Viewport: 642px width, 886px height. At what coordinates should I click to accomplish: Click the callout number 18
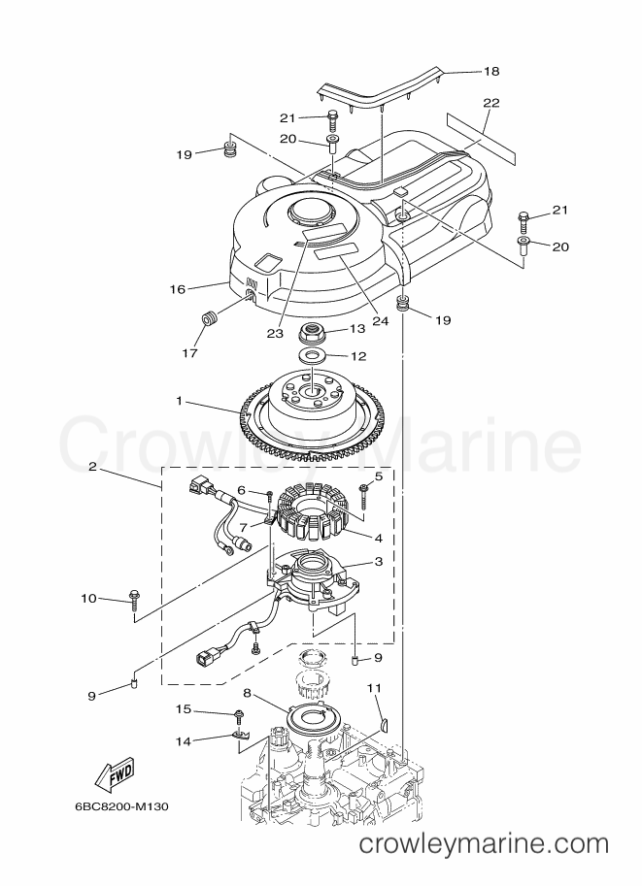click(491, 71)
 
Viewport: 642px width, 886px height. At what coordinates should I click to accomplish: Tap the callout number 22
click(491, 103)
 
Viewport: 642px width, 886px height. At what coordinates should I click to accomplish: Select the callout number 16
click(178, 289)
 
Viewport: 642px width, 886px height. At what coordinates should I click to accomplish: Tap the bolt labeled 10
click(135, 599)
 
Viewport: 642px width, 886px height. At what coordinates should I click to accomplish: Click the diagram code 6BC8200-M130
click(121, 806)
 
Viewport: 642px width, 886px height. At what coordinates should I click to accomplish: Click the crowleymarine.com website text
click(484, 844)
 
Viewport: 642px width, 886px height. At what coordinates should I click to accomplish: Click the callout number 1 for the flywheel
click(179, 401)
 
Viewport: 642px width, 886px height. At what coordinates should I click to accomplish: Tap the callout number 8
click(247, 692)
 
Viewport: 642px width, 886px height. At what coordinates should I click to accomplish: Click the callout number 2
click(91, 467)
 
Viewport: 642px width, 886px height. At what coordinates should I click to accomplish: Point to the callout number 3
click(379, 562)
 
